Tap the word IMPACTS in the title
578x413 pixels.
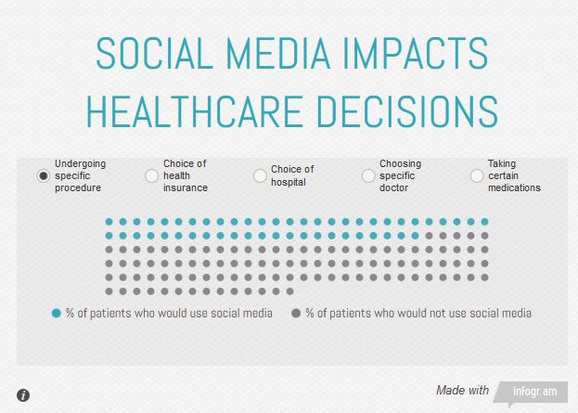(x=422, y=55)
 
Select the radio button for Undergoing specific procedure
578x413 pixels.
(x=44, y=176)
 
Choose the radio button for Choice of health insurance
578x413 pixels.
(x=152, y=176)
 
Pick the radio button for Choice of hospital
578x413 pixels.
(x=260, y=176)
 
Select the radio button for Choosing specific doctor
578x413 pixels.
(x=368, y=176)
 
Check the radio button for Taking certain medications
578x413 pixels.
(x=477, y=176)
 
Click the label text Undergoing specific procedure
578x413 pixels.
(x=80, y=175)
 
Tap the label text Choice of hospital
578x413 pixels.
(x=292, y=175)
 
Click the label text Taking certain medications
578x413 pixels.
(x=514, y=175)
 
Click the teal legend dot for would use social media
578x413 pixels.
(x=57, y=314)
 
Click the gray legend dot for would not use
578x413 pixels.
(x=296, y=314)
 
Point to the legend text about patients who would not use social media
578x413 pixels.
(x=418, y=314)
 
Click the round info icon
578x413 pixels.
(x=23, y=395)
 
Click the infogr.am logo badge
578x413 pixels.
(x=532, y=392)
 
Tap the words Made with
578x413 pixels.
(x=462, y=391)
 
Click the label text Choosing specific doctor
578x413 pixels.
(x=400, y=175)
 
